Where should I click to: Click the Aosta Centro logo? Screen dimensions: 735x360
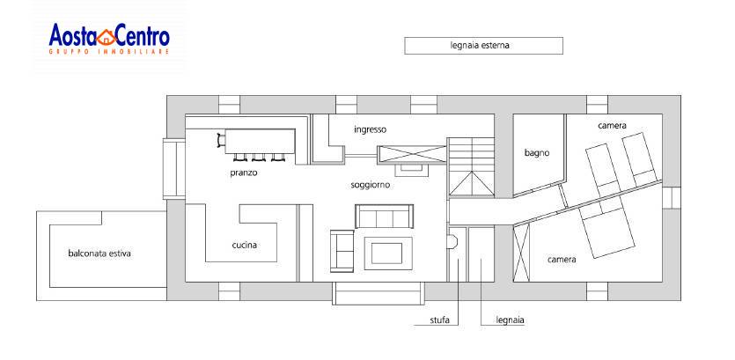[109, 40]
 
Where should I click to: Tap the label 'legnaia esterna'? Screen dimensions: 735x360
[480, 46]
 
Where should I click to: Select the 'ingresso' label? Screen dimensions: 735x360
[371, 129]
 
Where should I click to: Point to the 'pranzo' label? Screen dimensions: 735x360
[244, 173]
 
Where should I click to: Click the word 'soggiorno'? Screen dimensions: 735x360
[371, 185]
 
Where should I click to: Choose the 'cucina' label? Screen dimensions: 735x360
[245, 245]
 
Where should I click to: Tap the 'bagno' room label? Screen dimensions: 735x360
[537, 153]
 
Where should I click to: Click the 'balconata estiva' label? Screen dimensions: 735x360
[99, 253]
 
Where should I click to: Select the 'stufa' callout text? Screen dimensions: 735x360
[440, 320]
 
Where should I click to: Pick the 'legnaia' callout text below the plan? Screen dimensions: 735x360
[510, 320]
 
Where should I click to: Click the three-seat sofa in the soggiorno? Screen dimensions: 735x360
[385, 217]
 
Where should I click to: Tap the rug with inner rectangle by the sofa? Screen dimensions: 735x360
[388, 253]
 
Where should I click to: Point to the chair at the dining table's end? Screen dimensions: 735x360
[221, 140]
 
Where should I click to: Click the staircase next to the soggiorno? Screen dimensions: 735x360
[471, 166]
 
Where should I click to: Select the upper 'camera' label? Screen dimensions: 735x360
[612, 126]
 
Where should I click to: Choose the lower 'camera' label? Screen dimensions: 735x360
[562, 259]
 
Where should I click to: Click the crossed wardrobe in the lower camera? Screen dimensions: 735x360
[522, 253]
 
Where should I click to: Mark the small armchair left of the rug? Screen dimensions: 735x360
[342, 251]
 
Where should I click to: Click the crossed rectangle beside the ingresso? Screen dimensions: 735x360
[412, 154]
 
